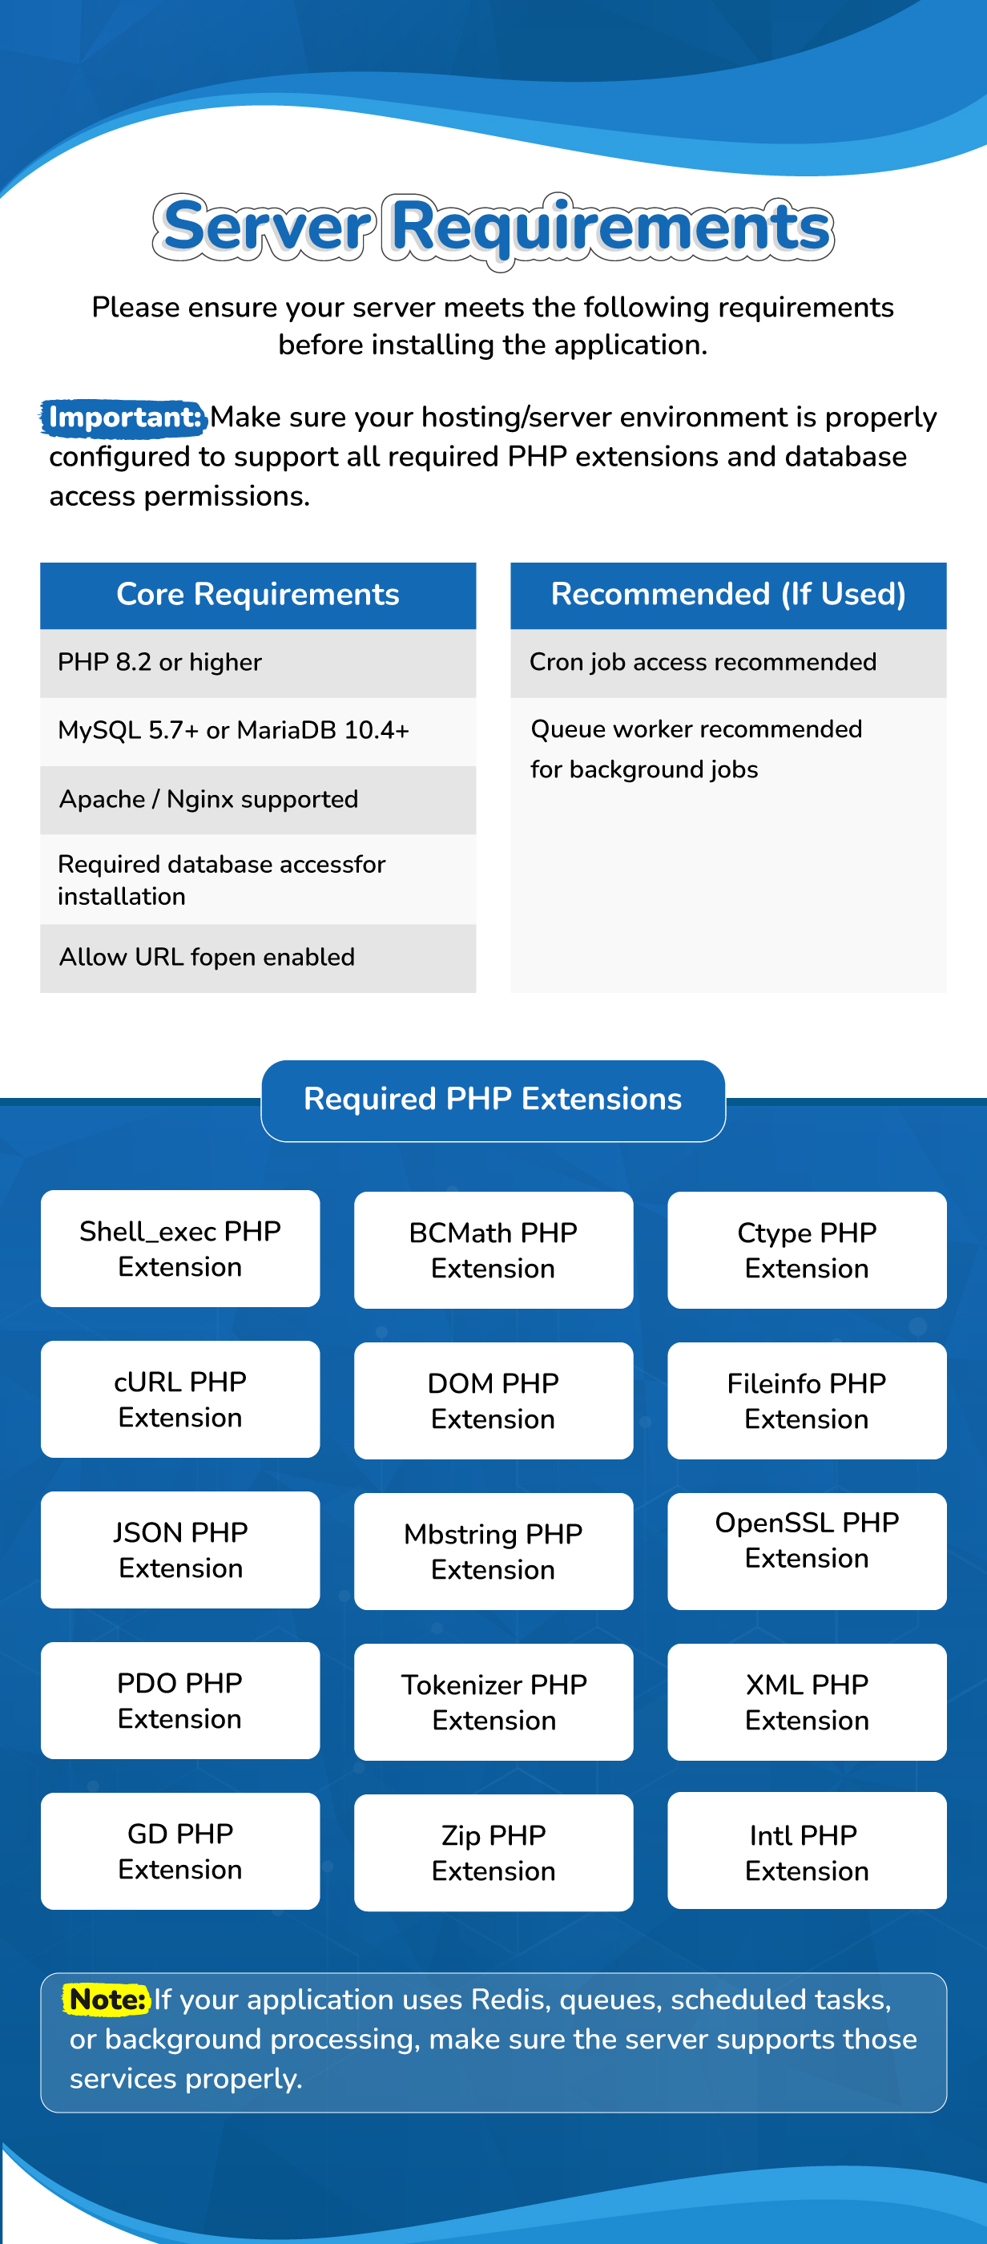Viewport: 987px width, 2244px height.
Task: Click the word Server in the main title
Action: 266,228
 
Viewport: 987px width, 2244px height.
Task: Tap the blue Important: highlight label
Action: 123,418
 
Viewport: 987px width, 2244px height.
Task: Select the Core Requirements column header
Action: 258,595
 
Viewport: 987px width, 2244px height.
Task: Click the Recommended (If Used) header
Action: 728,595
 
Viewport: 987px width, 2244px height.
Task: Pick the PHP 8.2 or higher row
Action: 258,663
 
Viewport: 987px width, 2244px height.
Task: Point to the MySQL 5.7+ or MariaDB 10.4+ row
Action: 258,732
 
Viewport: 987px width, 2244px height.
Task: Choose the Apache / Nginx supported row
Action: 258,800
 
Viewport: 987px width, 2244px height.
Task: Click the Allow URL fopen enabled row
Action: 258,959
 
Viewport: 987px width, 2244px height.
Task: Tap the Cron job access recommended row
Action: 728,663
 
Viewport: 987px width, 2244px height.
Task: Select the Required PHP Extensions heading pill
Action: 493,1100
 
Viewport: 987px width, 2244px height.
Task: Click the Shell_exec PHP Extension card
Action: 180,1249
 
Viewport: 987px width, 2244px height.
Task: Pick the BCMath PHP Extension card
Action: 493,1250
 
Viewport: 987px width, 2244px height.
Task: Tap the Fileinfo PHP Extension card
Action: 807,1401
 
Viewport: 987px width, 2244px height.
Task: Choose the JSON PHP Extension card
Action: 180,1550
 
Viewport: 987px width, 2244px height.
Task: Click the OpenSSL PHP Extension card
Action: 807,1552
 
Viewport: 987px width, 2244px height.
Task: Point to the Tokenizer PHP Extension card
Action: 493,1702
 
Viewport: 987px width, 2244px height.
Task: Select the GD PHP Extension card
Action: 180,1851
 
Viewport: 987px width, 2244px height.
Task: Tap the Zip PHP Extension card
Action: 493,1853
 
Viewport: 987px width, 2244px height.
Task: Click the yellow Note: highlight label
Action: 107,2000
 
